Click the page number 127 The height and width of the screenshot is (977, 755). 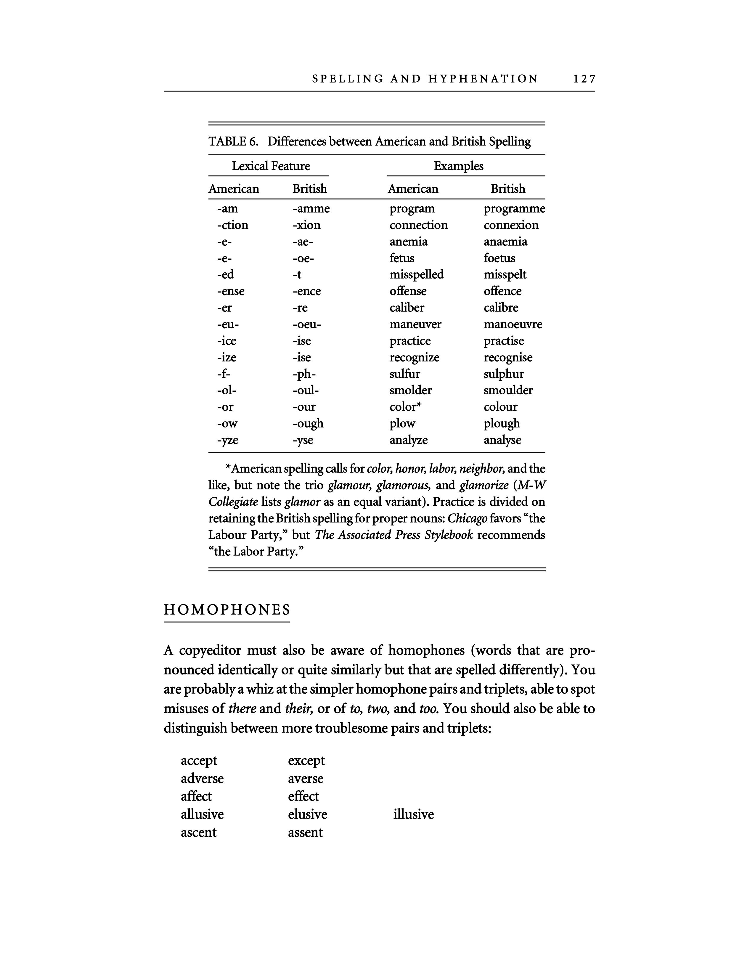pyautogui.click(x=584, y=79)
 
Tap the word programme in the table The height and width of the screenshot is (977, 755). pyautogui.click(x=514, y=209)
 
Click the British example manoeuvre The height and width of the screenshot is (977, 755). pyautogui.click(x=513, y=324)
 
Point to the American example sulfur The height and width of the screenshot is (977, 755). pyautogui.click(x=404, y=374)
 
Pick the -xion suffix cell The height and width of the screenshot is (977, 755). pyautogui.click(x=306, y=225)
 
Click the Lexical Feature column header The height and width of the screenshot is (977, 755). pyautogui.click(x=271, y=166)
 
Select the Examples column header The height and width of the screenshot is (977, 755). pyautogui.click(x=458, y=166)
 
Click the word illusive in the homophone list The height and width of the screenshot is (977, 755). pyautogui.click(x=413, y=814)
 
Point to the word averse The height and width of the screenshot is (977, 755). pyautogui.click(x=306, y=778)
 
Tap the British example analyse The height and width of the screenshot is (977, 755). pyautogui.click(x=502, y=440)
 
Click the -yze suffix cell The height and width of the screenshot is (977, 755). pyautogui.click(x=228, y=440)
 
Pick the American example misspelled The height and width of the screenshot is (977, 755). pyautogui.click(x=416, y=275)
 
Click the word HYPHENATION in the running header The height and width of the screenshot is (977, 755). pyautogui.click(x=483, y=79)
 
